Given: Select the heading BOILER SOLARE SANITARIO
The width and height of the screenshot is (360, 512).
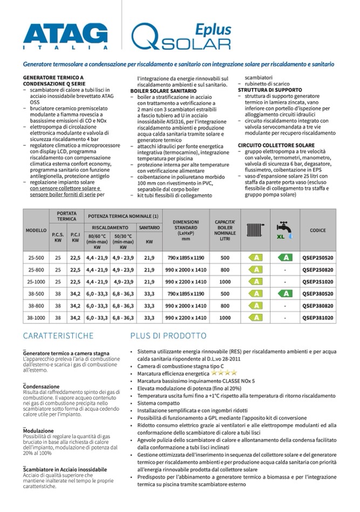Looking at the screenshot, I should click(x=162, y=92).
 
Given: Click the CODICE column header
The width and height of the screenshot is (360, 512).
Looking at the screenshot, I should click(x=317, y=231).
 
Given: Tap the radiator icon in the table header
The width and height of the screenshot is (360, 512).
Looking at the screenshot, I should click(x=254, y=231).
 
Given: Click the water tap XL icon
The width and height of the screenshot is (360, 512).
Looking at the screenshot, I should click(x=284, y=231).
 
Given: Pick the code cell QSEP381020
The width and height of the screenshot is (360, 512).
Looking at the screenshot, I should click(x=317, y=318).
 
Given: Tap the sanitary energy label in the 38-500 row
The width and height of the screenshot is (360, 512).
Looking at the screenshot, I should click(x=284, y=294).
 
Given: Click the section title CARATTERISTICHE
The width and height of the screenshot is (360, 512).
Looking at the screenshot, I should click(x=58, y=336).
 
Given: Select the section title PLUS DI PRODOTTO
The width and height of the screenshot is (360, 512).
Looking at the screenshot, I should click(x=168, y=336).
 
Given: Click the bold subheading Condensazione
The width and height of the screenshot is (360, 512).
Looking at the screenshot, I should click(x=42, y=387).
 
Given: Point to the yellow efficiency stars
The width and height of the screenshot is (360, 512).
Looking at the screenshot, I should click(x=223, y=373).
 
